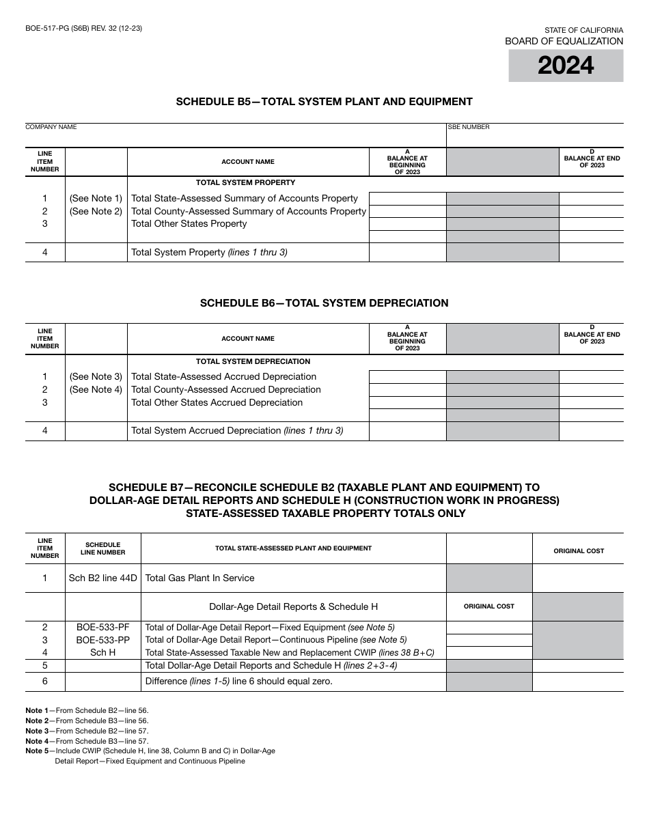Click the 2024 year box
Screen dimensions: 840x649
click(566, 66)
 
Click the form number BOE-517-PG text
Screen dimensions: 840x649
click(83, 28)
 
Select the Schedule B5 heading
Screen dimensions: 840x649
click(324, 102)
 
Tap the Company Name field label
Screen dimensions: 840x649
click(51, 127)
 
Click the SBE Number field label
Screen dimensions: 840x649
click(469, 127)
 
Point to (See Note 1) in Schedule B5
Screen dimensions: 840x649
click(96, 198)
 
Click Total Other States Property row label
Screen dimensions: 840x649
click(189, 224)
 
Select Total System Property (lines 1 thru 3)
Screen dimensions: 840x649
click(209, 252)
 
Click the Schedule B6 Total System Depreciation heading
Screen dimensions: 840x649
click(324, 303)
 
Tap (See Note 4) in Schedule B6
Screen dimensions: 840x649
click(96, 389)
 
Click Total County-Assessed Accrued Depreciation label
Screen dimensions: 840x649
click(225, 389)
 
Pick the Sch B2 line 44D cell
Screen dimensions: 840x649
click(103, 578)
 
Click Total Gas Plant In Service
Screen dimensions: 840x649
click(199, 578)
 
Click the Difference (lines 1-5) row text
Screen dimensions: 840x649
click(238, 681)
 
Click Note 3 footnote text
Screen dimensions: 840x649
click(87, 731)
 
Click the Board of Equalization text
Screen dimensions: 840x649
click(564, 41)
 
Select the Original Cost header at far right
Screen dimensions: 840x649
click(578, 550)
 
